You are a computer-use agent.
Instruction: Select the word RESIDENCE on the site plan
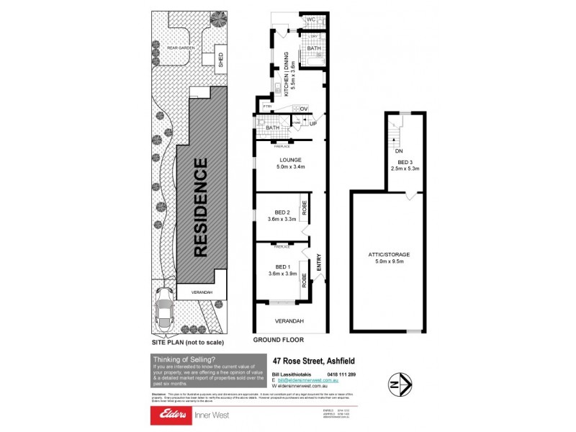202,207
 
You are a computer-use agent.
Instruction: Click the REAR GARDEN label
181,48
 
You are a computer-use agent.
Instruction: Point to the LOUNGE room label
291,160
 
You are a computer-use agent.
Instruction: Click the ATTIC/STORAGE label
387,255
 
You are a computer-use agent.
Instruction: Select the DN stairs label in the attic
398,151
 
